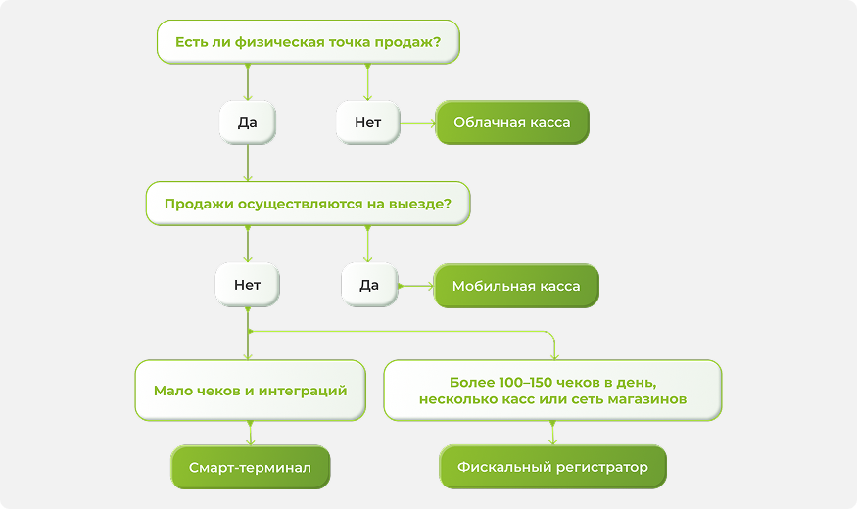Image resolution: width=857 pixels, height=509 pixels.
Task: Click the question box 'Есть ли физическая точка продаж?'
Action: point(309,42)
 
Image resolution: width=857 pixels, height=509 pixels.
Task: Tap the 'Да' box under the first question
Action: point(248,122)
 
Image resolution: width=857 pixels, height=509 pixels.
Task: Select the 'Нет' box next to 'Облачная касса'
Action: point(368,122)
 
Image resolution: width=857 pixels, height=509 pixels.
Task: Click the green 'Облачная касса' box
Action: point(512,122)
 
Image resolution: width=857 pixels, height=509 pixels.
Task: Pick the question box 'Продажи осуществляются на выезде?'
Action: point(308,204)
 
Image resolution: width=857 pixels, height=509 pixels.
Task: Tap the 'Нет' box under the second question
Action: point(248,285)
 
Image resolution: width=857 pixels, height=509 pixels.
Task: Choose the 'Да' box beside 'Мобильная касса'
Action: point(369,285)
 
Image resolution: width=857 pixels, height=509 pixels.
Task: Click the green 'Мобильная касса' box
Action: point(516,286)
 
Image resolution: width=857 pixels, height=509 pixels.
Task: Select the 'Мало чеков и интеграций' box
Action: point(251,391)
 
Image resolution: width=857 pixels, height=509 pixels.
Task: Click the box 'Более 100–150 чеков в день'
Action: point(552,391)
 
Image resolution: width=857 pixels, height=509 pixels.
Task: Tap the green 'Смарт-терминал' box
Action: point(251,468)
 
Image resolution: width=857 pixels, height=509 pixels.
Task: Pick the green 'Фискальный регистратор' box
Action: point(552,467)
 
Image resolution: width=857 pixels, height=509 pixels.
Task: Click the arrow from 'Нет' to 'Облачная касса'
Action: point(418,124)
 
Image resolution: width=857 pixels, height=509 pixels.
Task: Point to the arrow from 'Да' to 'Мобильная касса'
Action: point(416,286)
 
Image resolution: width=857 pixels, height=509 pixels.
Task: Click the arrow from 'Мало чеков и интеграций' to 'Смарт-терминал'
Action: point(251,433)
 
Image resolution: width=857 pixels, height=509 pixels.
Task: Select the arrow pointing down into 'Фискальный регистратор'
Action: point(552,433)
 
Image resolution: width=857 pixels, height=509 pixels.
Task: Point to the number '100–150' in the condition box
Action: point(530,382)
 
